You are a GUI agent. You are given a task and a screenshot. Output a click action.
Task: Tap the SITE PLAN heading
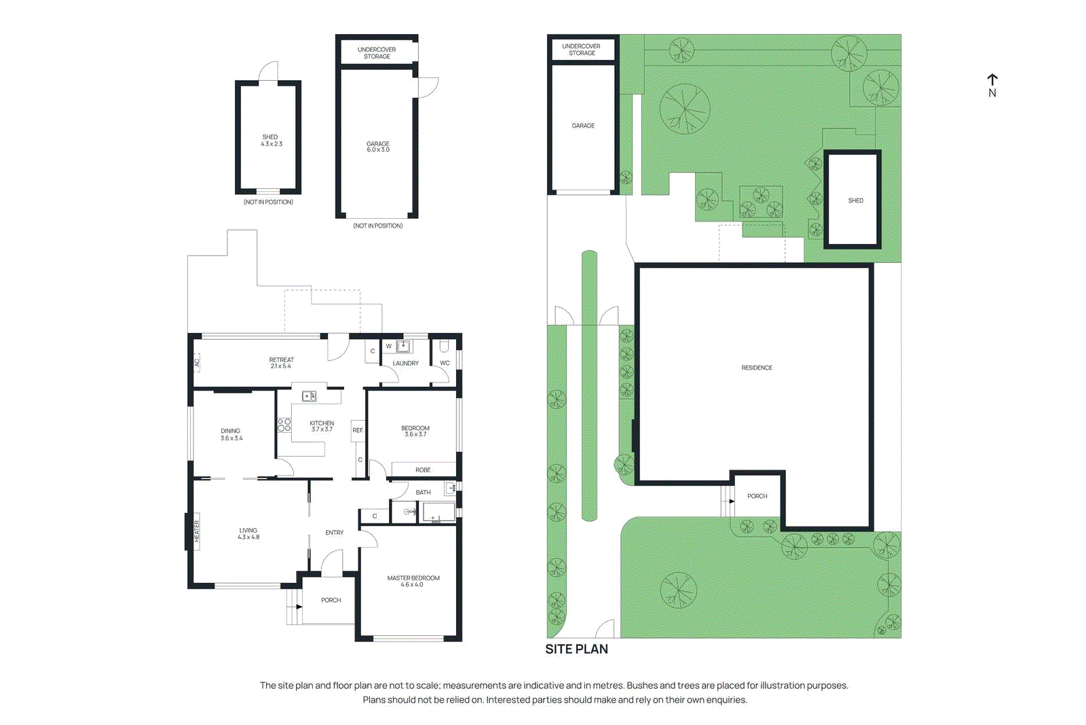click(x=576, y=649)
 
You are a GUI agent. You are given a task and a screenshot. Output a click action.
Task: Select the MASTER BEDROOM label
click(x=413, y=578)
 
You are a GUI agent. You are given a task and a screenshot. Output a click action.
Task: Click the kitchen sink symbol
click(x=309, y=396)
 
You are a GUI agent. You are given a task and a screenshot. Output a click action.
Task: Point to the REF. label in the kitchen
click(x=358, y=430)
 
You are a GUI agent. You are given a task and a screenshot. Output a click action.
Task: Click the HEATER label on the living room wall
click(x=197, y=531)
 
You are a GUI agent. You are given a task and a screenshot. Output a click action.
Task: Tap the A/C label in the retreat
click(x=198, y=363)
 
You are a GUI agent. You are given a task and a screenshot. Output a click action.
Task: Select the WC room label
click(x=445, y=363)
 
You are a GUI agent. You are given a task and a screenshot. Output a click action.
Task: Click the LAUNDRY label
click(x=405, y=364)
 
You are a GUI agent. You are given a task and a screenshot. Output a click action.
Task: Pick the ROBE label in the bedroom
click(x=423, y=470)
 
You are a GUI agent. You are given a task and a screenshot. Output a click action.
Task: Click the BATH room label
click(x=423, y=493)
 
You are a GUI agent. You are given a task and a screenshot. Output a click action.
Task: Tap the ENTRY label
click(x=334, y=533)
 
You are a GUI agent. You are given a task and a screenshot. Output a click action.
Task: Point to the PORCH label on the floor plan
click(x=331, y=600)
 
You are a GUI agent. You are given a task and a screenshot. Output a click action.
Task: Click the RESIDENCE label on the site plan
click(x=756, y=368)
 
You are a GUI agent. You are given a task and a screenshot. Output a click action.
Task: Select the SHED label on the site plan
click(x=855, y=200)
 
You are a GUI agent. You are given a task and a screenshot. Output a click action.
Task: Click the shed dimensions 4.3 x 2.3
click(x=271, y=144)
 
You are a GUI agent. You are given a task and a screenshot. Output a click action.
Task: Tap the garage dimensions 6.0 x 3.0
click(x=378, y=149)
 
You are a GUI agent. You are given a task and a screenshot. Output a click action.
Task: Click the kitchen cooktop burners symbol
click(x=284, y=425)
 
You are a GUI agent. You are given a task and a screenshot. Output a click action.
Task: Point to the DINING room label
click(x=230, y=431)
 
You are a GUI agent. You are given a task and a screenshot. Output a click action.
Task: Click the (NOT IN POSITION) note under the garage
click(x=377, y=226)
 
